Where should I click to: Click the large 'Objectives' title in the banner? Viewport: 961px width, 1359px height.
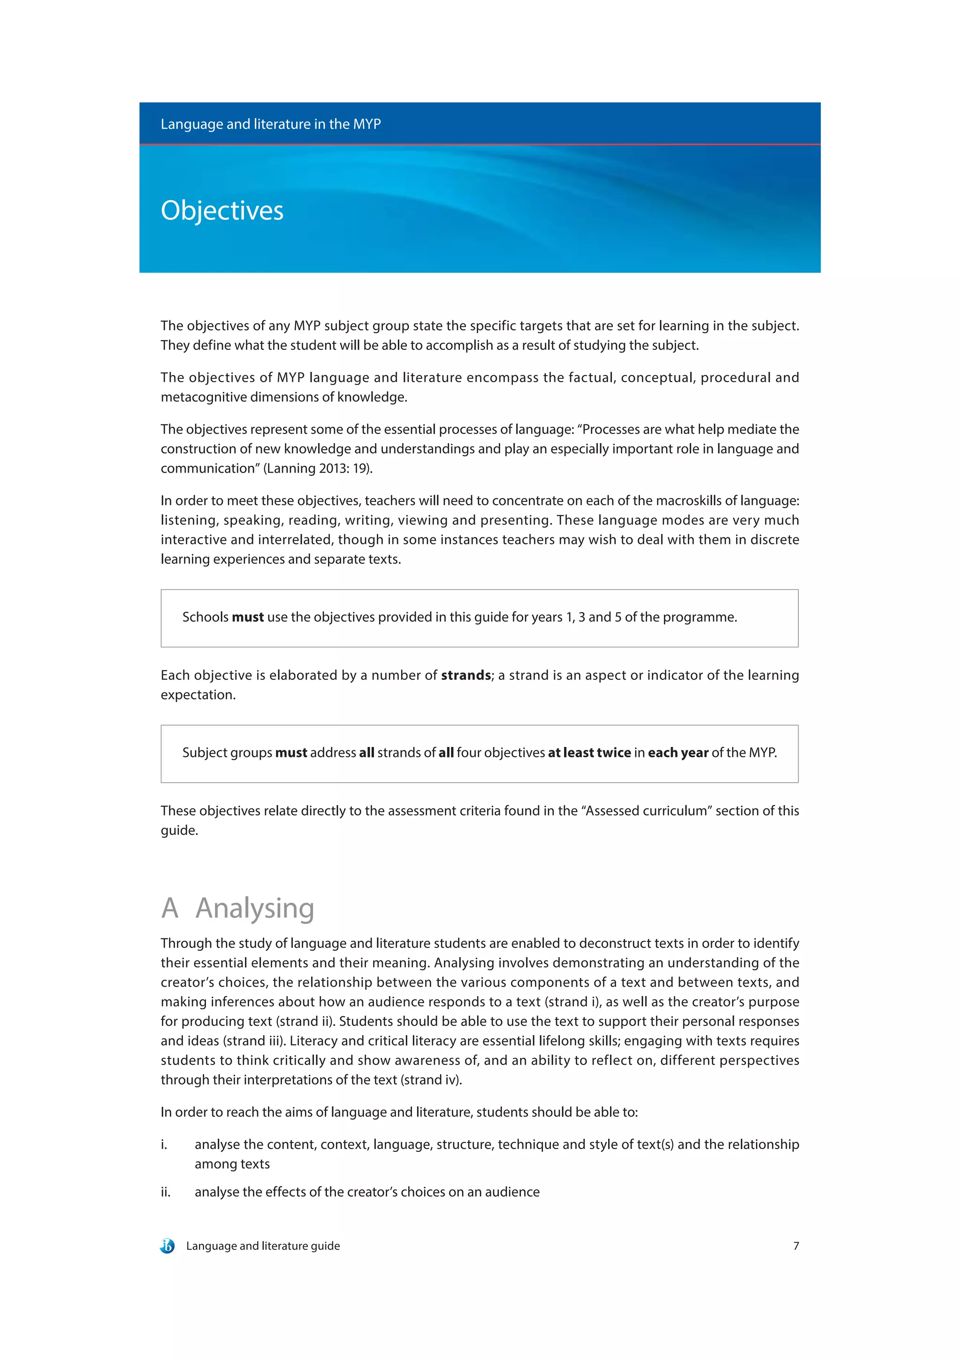[222, 211]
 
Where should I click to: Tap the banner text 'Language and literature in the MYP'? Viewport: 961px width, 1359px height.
[271, 124]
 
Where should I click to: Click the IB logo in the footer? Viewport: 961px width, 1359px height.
[168, 1246]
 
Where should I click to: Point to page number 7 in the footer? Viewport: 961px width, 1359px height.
[796, 1246]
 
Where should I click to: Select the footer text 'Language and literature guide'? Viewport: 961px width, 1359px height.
[263, 1246]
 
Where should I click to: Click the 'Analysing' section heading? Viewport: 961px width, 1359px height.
[255, 908]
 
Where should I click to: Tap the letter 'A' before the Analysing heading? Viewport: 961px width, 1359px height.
[170, 908]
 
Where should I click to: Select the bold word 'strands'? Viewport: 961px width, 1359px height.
[466, 675]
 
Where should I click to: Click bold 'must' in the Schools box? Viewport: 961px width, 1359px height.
[247, 617]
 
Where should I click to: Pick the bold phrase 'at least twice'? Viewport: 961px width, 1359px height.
[589, 753]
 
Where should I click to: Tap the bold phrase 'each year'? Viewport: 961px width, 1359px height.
[678, 753]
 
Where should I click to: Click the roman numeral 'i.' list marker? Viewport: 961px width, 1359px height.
[164, 1145]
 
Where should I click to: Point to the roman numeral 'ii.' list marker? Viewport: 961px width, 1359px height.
[165, 1192]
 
